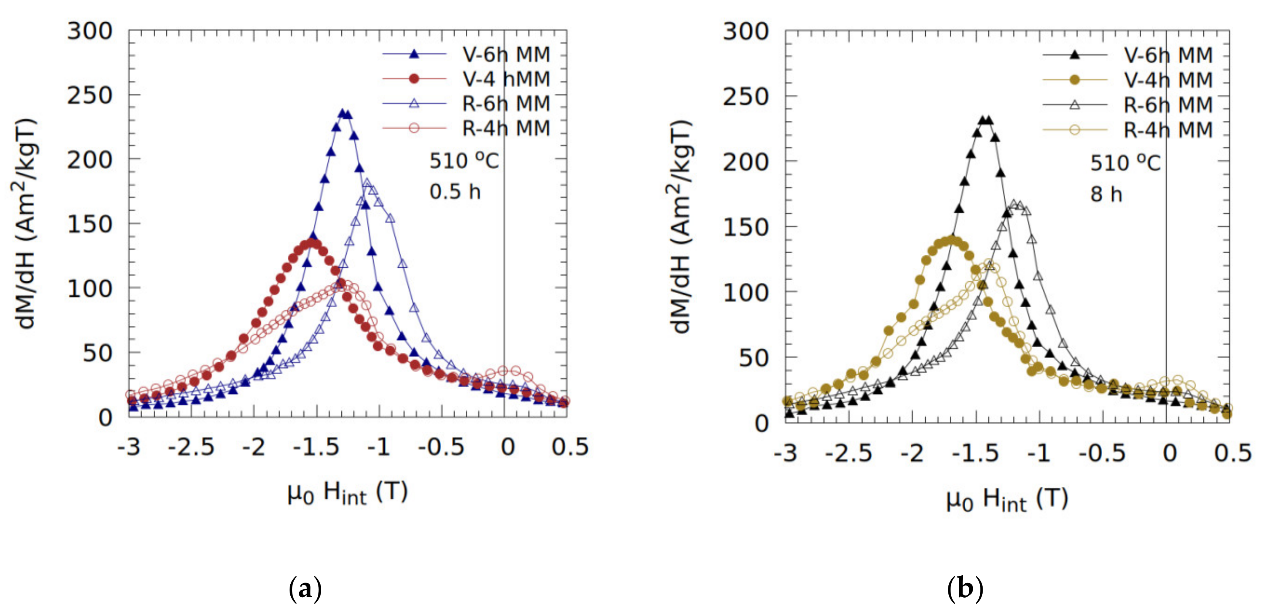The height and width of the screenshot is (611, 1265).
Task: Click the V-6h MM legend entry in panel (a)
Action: click(x=506, y=54)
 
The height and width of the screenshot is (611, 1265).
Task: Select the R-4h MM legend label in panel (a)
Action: click(x=506, y=128)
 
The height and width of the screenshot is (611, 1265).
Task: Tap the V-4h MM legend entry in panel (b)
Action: click(x=1168, y=80)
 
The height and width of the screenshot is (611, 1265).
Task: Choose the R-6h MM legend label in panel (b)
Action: click(x=1168, y=104)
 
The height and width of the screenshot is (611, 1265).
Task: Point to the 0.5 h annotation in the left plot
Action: click(x=455, y=192)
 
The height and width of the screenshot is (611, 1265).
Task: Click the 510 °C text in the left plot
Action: click(x=464, y=161)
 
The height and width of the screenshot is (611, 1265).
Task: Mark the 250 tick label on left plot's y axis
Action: click(x=90, y=95)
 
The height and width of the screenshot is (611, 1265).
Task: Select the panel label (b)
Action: click(x=965, y=588)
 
